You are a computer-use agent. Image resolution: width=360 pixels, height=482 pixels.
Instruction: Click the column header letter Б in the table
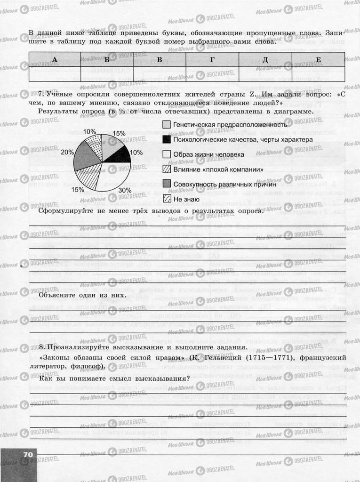coord(107,59)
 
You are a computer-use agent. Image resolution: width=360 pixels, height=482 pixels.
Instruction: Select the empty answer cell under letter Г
coord(212,75)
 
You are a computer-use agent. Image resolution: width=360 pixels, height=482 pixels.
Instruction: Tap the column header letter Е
coord(319,59)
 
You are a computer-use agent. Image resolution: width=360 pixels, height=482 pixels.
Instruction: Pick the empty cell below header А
coord(55,75)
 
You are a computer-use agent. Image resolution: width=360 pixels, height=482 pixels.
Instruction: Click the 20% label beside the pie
coord(67,152)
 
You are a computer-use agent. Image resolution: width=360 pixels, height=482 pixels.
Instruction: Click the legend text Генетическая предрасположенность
coord(230,125)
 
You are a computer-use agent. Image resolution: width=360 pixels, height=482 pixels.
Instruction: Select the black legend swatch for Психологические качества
coord(167,139)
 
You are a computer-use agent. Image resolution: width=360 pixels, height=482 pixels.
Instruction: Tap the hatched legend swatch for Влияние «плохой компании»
coord(167,169)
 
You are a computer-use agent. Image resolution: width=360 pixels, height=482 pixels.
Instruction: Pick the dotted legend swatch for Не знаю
coord(167,198)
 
